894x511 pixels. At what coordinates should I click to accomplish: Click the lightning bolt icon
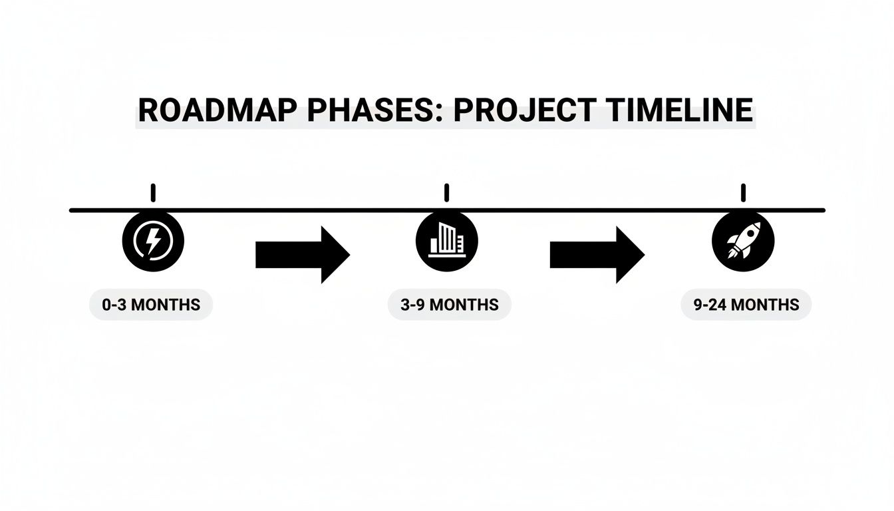coord(153,241)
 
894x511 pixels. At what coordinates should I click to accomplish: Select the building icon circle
coord(446,241)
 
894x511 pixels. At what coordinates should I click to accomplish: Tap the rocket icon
coord(742,241)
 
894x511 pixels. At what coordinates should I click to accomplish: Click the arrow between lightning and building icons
coord(302,255)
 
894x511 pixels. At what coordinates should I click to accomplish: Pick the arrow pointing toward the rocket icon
coord(597,255)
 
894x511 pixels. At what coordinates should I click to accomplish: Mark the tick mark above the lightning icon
coord(153,193)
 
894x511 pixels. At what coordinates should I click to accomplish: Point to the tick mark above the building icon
coord(446,193)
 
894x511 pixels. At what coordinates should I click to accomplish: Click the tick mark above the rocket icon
coord(743,193)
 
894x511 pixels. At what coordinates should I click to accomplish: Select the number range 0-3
coord(115,305)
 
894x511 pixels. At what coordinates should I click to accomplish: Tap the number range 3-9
coord(413,305)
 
